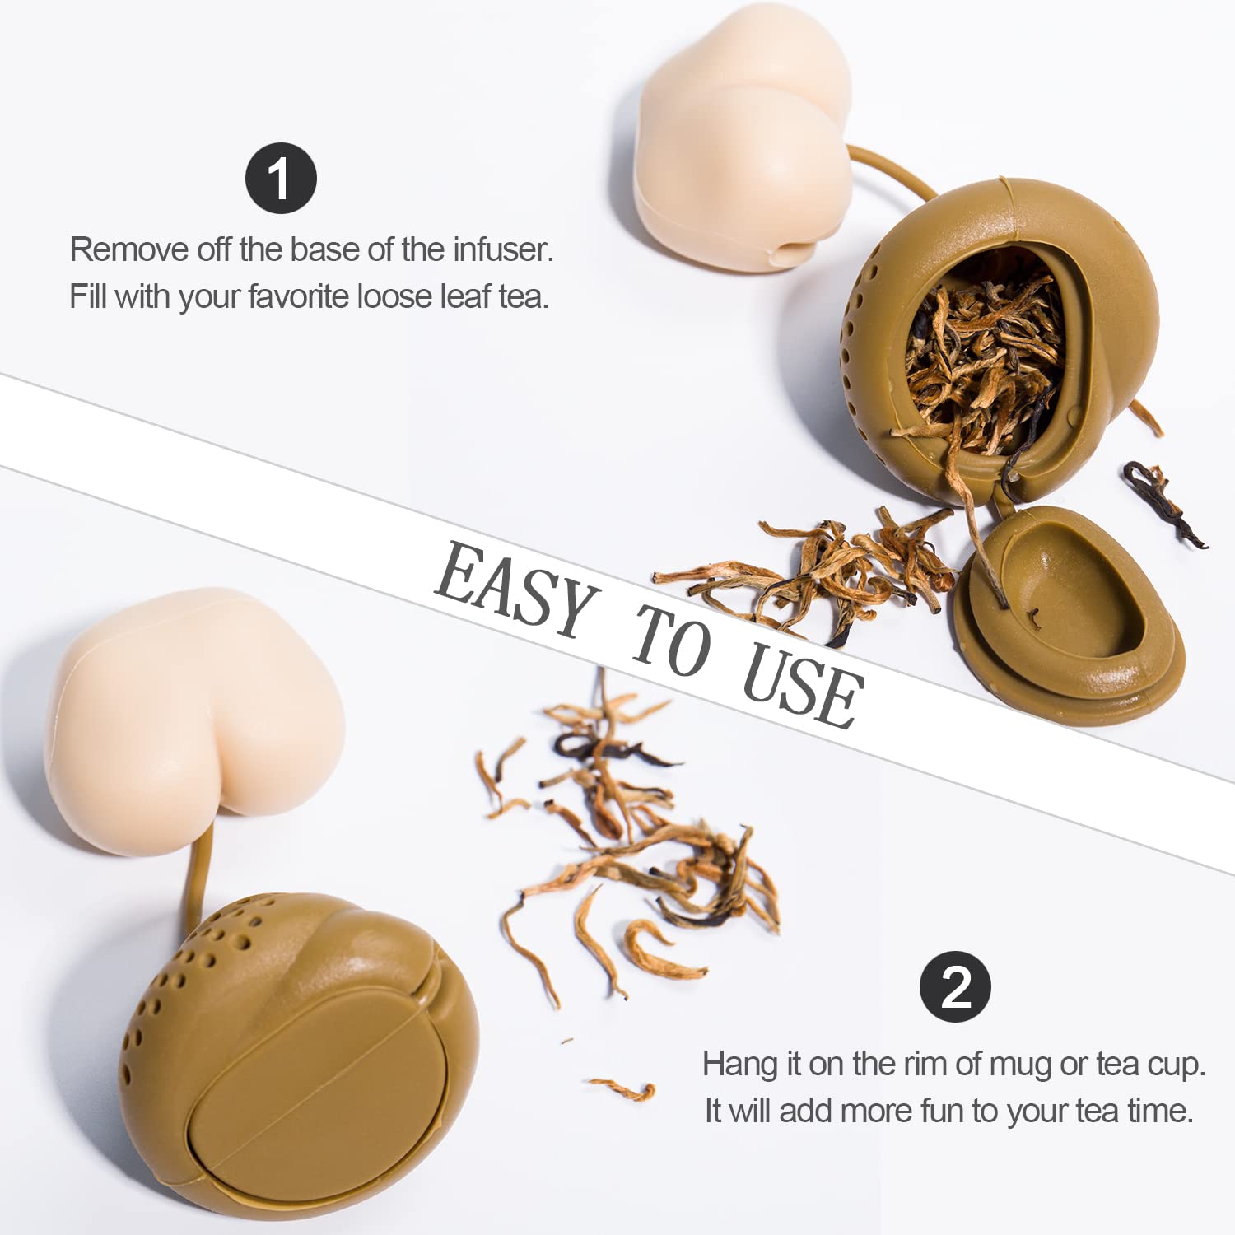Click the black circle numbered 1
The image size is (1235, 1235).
tap(281, 179)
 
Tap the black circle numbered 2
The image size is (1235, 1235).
tap(955, 986)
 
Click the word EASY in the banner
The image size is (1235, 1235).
tap(515, 589)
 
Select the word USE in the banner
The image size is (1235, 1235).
tap(802, 687)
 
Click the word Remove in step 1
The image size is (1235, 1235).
tap(129, 249)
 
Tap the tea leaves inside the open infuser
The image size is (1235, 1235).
tap(981, 362)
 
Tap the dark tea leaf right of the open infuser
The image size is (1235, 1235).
tap(1163, 501)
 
